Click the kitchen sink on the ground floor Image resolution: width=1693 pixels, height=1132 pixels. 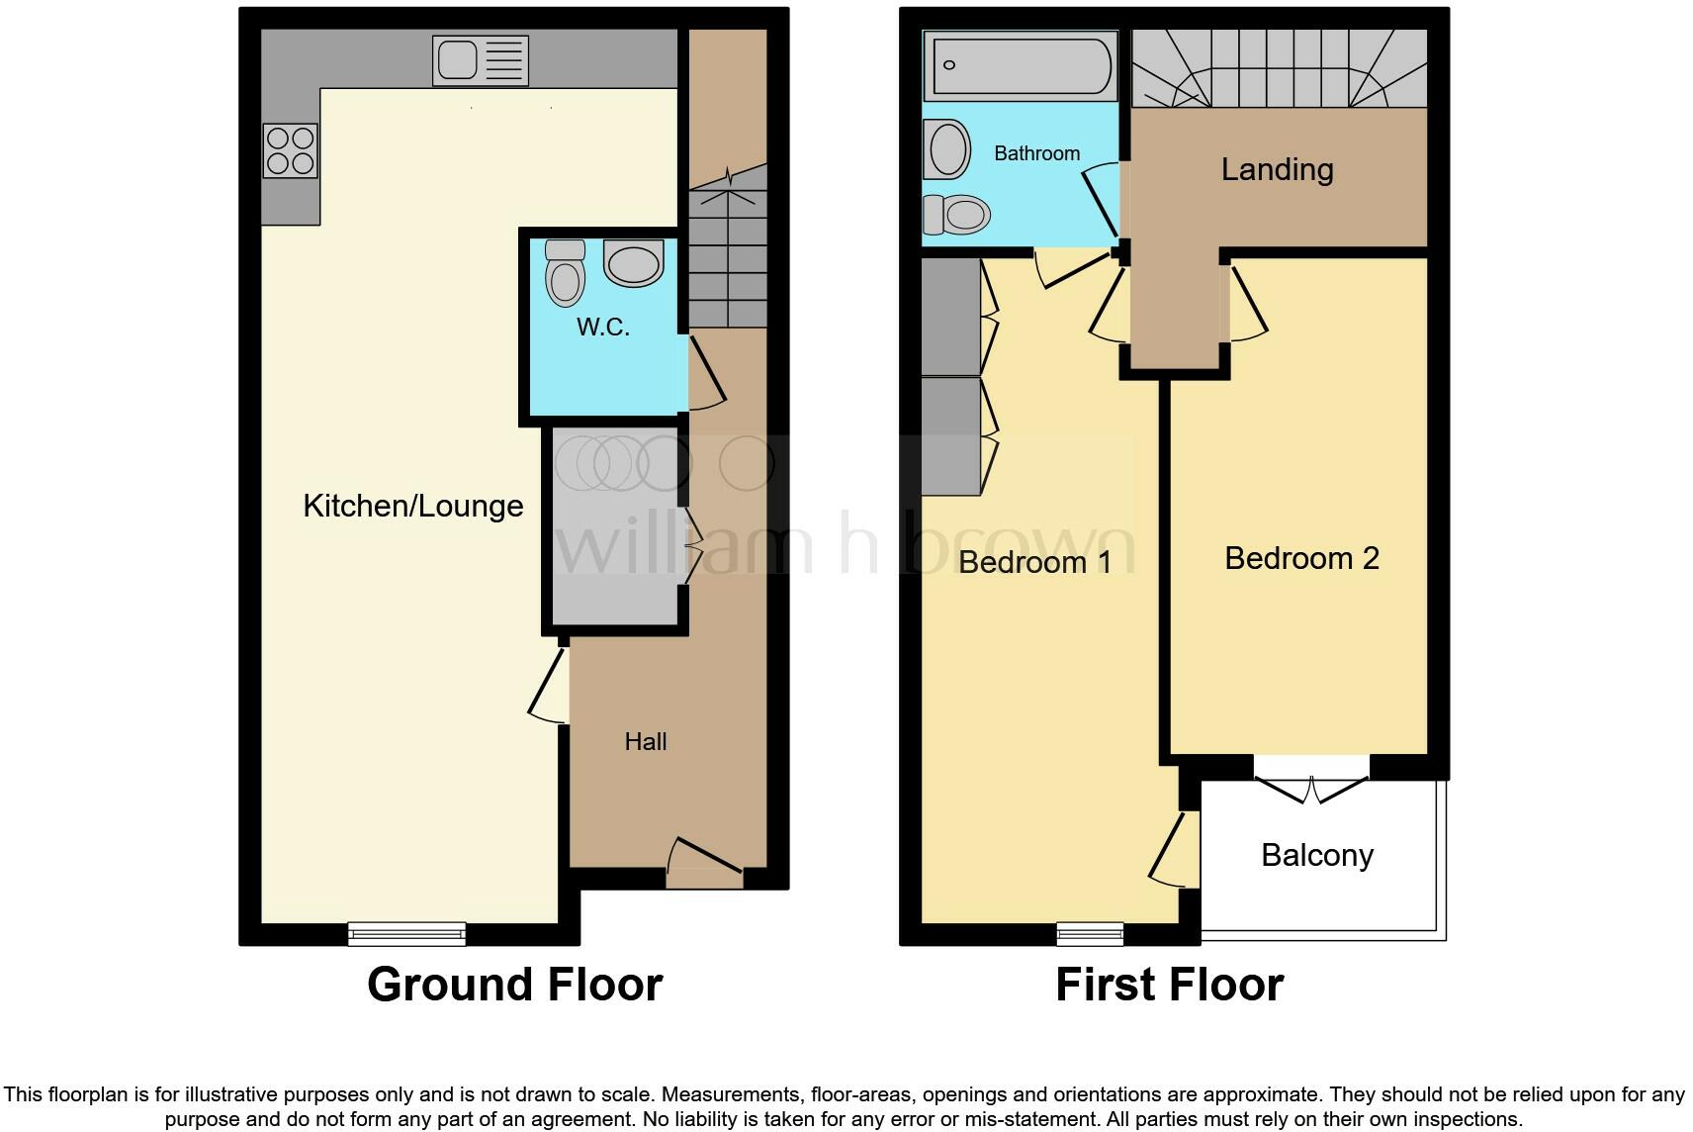(x=481, y=61)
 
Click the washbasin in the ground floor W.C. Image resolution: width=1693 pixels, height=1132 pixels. (x=633, y=263)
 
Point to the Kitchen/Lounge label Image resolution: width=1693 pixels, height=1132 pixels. (x=412, y=506)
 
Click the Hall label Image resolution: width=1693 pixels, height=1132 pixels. (x=646, y=741)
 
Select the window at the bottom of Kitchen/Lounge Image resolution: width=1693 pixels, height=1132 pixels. (x=406, y=932)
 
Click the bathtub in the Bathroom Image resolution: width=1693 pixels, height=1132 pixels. (x=1021, y=65)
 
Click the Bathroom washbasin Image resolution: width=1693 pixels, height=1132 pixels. (x=949, y=149)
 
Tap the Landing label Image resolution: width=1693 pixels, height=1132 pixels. (x=1277, y=169)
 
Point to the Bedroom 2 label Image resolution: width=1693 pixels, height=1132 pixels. (x=1301, y=558)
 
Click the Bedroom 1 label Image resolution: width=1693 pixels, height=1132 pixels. (x=1034, y=562)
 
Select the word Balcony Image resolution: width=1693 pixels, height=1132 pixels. (x=1317, y=855)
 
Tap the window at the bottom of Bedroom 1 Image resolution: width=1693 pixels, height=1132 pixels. (x=1090, y=932)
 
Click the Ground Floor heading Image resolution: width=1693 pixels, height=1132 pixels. (x=514, y=985)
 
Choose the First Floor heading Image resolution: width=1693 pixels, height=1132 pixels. (x=1169, y=985)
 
